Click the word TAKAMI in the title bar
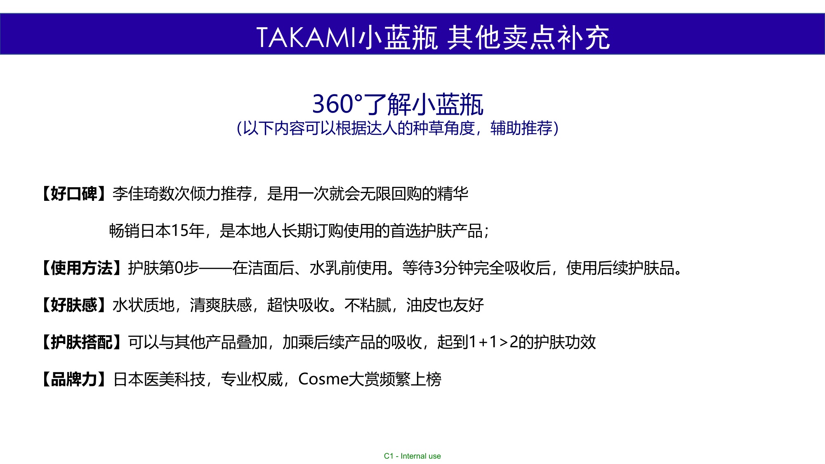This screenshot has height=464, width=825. (306, 38)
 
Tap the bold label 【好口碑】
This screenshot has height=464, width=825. (74, 193)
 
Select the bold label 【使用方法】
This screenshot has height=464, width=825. (82, 268)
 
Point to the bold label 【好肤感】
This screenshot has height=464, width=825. (74, 305)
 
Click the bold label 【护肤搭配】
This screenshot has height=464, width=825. (82, 342)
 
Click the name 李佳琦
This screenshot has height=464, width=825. (136, 193)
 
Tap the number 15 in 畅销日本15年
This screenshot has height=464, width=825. (180, 231)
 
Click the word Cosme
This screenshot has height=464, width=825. (323, 379)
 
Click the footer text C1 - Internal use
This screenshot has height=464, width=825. (412, 456)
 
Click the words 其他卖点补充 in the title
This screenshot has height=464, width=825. (528, 38)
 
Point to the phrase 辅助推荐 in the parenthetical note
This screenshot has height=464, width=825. (521, 128)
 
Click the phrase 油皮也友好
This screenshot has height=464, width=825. (445, 305)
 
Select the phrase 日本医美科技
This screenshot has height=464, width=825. (159, 379)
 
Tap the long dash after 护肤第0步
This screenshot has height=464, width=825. (215, 268)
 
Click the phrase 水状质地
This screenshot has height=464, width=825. (144, 305)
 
